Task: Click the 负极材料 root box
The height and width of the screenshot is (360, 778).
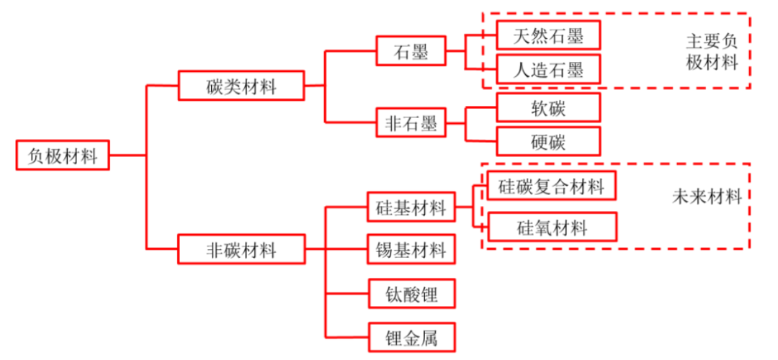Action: pyautogui.click(x=63, y=156)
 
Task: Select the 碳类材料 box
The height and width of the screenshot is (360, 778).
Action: pyautogui.click(x=242, y=86)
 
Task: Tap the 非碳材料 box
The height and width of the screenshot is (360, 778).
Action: pyautogui.click(x=242, y=250)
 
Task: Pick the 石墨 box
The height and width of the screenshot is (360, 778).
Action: pyautogui.click(x=411, y=52)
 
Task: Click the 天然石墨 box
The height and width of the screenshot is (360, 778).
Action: pyautogui.click(x=548, y=35)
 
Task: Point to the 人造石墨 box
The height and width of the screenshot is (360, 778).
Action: pyautogui.click(x=548, y=70)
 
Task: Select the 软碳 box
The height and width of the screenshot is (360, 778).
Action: pyautogui.click(x=548, y=107)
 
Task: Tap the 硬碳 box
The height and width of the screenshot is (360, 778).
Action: pyautogui.click(x=548, y=141)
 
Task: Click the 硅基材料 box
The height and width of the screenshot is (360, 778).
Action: pyautogui.click(x=411, y=208)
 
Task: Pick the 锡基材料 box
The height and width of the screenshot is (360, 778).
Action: pyautogui.click(x=411, y=250)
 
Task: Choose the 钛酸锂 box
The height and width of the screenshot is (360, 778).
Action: pyautogui.click(x=411, y=294)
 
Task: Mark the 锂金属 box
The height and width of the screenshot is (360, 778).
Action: pyautogui.click(x=411, y=336)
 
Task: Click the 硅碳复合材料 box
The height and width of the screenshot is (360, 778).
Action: pyautogui.click(x=552, y=187)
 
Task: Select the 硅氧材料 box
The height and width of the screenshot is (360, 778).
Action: pyautogui.click(x=552, y=228)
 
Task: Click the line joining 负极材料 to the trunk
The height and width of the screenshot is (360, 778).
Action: pyautogui.click(x=128, y=156)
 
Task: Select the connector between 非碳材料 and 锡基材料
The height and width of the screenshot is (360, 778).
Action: pyautogui.click(x=346, y=250)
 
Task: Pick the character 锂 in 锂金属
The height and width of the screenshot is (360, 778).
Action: pyautogui.click(x=393, y=336)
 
